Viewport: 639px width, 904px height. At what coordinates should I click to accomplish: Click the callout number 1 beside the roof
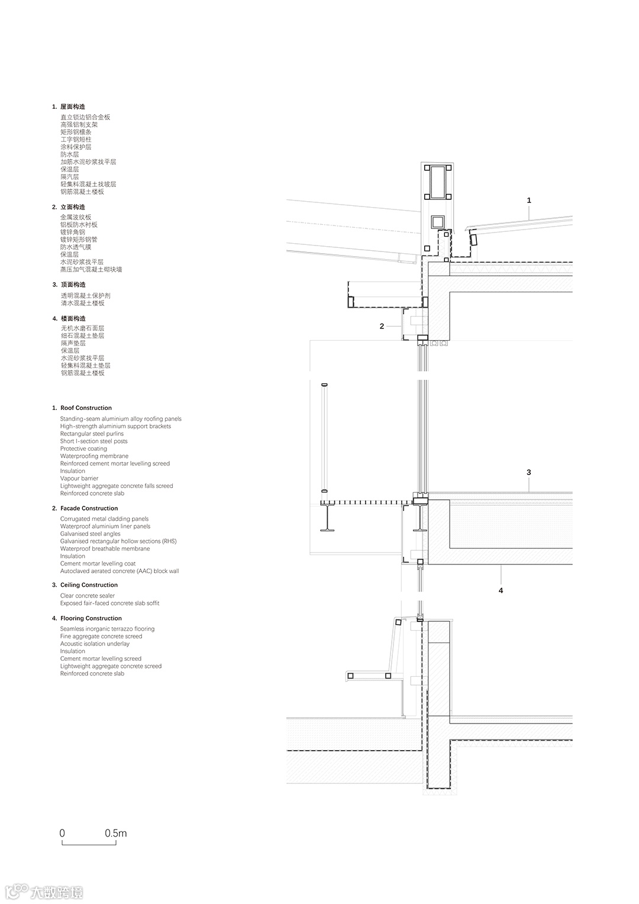point(529,201)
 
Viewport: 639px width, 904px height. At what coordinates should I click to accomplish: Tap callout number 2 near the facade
point(382,326)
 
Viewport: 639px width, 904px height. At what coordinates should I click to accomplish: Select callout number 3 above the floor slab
point(528,472)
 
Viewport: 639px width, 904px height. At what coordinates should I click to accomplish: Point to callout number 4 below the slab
point(501,590)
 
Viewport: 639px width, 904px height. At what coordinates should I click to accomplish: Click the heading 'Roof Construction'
point(86,408)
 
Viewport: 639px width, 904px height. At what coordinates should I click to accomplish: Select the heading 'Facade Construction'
point(89,508)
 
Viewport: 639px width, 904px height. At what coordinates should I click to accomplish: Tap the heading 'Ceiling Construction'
point(89,585)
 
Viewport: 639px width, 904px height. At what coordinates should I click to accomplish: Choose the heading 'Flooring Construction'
point(91,618)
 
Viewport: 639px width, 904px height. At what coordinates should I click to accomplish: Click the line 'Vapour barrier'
point(79,479)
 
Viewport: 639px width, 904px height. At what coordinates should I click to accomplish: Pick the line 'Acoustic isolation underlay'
point(95,644)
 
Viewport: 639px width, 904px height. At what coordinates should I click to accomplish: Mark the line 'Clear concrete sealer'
point(88,596)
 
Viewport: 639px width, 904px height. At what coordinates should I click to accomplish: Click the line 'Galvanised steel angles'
point(90,534)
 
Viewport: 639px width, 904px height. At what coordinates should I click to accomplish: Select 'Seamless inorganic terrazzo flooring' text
point(107,629)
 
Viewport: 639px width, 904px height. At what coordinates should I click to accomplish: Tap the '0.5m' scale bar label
point(116,833)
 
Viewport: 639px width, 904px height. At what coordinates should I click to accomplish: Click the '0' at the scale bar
point(62,833)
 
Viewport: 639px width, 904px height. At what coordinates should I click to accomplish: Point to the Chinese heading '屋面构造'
point(73,107)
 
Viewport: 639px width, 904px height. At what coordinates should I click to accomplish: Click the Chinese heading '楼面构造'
point(73,319)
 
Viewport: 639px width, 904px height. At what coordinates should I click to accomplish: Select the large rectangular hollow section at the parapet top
point(437,183)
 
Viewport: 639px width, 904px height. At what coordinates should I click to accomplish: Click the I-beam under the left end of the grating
point(327,518)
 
